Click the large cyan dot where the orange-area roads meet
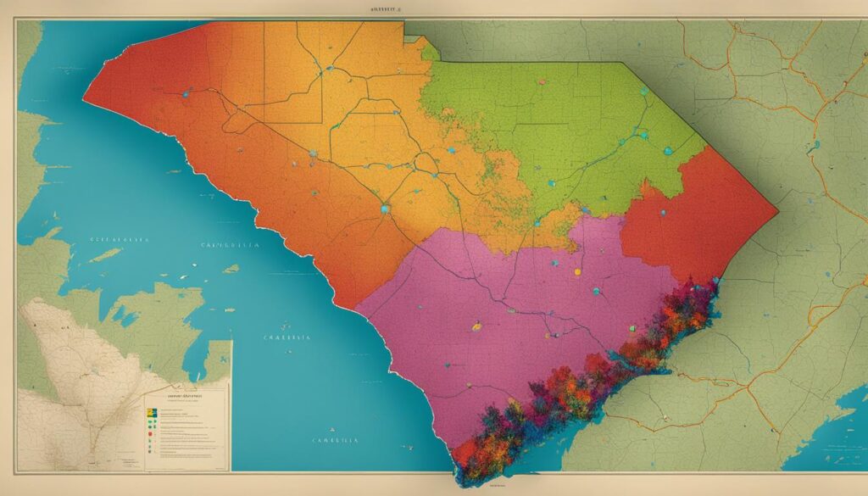tap(386, 208)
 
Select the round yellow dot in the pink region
tap(578, 272)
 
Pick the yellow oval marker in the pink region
tap(476, 325)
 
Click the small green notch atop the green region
tap(431, 52)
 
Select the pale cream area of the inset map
tap(59, 356)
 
